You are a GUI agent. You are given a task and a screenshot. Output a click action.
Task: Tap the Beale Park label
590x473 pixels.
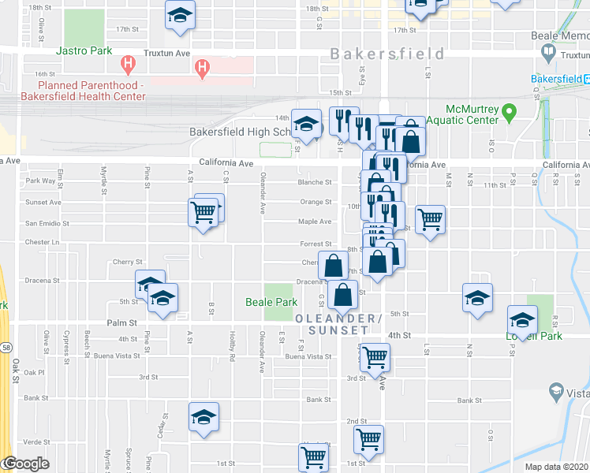pyautogui.click(x=271, y=302)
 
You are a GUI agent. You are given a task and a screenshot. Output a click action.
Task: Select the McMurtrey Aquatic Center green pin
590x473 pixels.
pyautogui.click(x=509, y=113)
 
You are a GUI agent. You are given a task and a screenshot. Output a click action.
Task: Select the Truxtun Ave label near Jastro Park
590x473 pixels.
pyautogui.click(x=166, y=54)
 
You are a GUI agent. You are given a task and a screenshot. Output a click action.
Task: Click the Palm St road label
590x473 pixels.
pyautogui.click(x=122, y=322)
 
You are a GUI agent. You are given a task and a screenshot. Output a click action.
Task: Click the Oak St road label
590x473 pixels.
pyautogui.click(x=16, y=371)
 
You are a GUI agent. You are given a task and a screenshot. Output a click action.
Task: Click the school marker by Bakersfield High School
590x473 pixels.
pyautogui.click(x=306, y=124)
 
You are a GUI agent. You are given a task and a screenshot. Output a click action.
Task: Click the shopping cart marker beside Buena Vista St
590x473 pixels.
pyautogui.click(x=375, y=357)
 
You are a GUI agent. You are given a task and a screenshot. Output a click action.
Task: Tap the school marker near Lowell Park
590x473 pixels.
pyautogui.click(x=521, y=320)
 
